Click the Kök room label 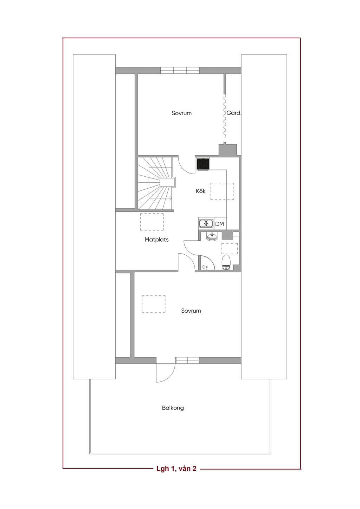tap(201, 191)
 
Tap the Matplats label tap(156, 240)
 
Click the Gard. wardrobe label tap(234, 113)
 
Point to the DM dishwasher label tap(219, 224)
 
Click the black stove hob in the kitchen tap(203, 164)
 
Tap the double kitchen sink tap(206, 224)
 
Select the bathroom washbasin tap(212, 237)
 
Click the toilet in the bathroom tap(226, 262)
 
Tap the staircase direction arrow tap(169, 197)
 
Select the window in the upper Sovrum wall tap(180, 70)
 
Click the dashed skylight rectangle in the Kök tap(222, 191)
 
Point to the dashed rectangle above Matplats tap(152, 222)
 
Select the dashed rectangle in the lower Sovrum tap(154, 304)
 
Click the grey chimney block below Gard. tap(227, 150)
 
